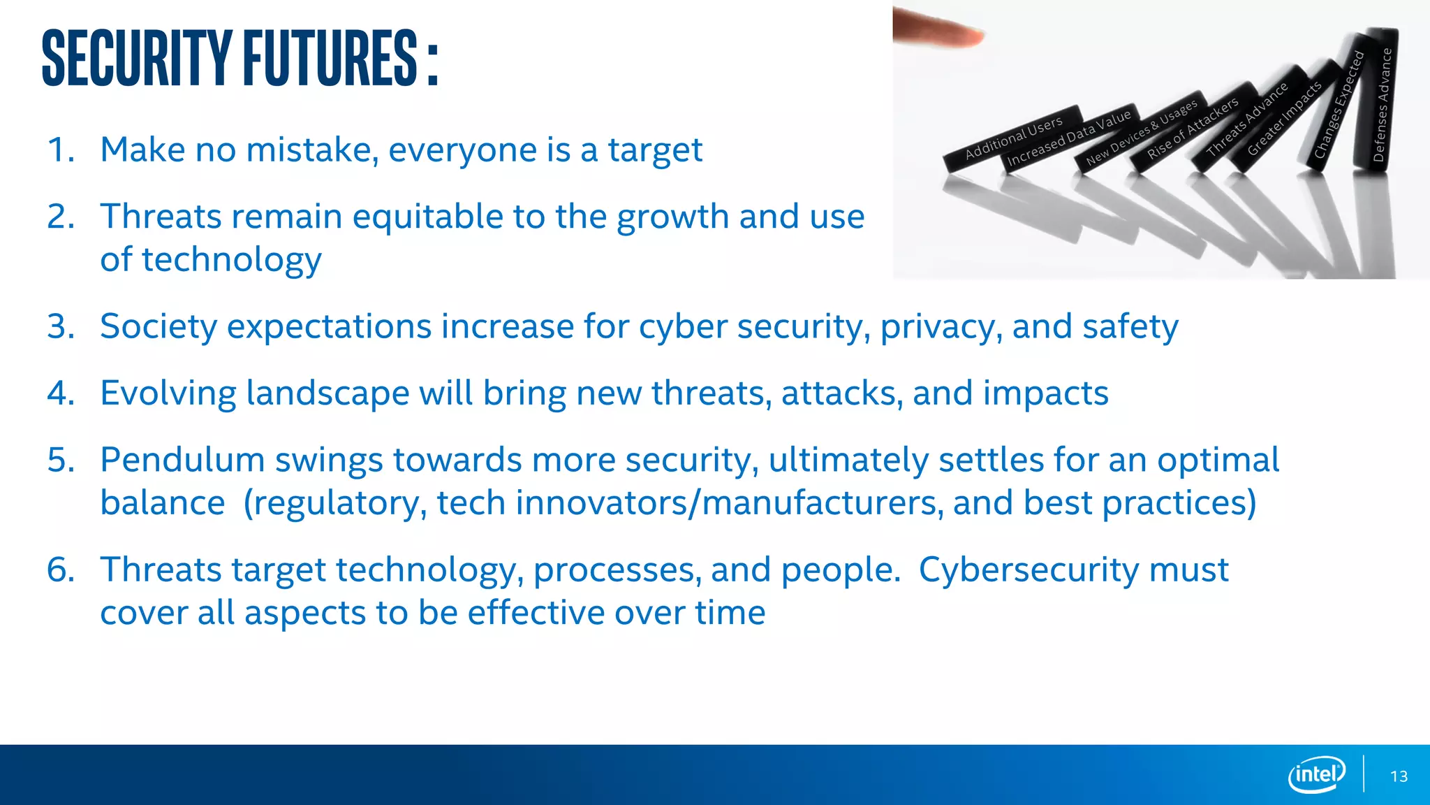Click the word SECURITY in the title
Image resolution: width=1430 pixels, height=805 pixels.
point(137,59)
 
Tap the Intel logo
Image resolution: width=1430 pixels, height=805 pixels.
point(1316,774)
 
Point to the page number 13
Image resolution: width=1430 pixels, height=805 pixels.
point(1399,776)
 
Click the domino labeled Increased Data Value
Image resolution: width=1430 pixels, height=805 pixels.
point(1068,138)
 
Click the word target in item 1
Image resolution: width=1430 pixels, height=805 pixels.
point(655,150)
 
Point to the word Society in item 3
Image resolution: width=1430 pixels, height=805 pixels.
point(159,327)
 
